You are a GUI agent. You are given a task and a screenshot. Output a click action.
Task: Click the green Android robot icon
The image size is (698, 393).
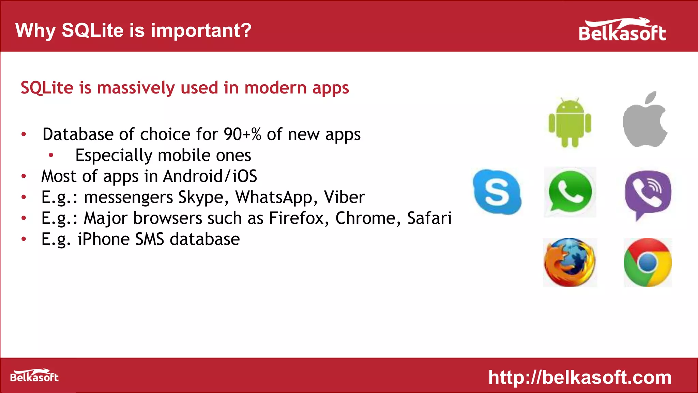[570, 123]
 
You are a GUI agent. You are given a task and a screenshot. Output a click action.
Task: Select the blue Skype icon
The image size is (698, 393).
[497, 192]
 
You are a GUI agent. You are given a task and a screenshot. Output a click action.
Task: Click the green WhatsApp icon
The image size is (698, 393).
[570, 192]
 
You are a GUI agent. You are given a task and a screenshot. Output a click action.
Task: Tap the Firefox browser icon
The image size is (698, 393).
[570, 262]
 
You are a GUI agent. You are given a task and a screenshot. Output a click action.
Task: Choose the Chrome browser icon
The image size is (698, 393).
[648, 262]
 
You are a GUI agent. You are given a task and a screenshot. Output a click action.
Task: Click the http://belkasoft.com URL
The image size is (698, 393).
[580, 377]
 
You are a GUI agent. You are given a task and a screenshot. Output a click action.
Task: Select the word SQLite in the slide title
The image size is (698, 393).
[92, 30]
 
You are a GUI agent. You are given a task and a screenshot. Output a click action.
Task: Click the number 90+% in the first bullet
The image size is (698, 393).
[242, 134]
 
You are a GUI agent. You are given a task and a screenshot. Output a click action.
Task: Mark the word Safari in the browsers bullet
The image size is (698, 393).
[429, 218]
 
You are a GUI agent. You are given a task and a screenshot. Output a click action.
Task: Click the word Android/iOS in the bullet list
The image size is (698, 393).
[210, 176]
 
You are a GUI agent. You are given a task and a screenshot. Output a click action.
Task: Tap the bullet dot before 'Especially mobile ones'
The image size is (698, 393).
[51, 156]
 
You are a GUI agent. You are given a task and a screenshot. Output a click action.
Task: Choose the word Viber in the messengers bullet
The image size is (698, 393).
[344, 197]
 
